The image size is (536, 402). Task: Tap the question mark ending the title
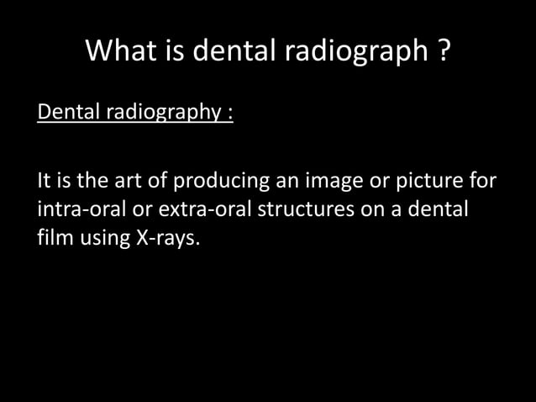pos(442,51)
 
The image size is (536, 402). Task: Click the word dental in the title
pos(236,51)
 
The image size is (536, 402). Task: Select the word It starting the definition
pos(45,181)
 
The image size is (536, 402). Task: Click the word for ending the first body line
pos(481,181)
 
